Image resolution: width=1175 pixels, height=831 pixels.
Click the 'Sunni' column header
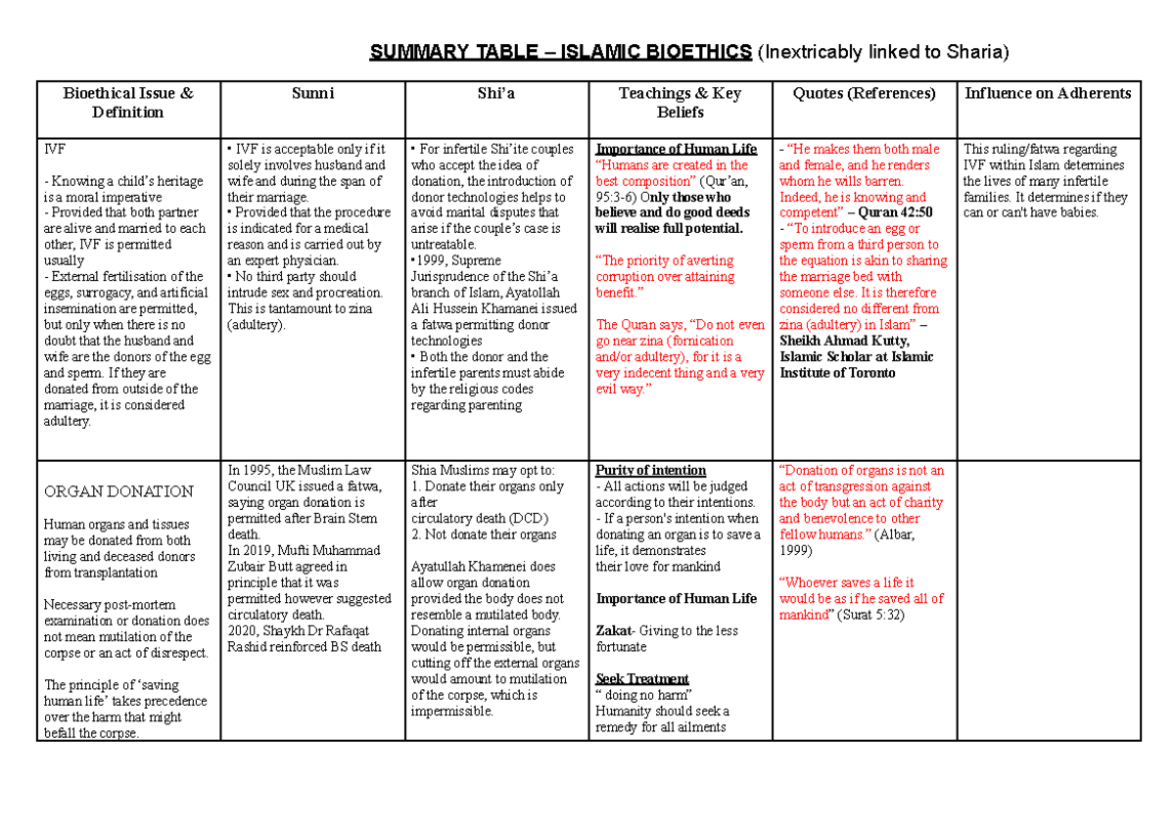(x=313, y=94)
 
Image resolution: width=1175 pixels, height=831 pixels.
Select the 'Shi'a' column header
(x=496, y=94)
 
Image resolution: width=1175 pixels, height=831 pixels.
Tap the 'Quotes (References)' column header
(x=865, y=94)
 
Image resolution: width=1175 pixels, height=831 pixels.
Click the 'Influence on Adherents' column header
(x=1048, y=94)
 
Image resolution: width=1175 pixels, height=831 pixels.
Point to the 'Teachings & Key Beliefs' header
(x=680, y=103)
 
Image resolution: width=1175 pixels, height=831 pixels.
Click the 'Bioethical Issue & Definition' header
(x=128, y=103)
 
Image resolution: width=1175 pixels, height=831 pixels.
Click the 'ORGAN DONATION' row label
(x=118, y=491)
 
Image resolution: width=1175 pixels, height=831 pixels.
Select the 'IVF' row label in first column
(x=55, y=150)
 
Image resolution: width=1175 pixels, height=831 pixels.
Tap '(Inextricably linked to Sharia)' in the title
(x=883, y=52)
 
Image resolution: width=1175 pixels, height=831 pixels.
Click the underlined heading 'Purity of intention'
(x=650, y=470)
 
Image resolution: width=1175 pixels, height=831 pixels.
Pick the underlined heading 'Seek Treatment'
(x=641, y=678)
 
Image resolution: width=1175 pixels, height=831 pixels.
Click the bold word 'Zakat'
(x=613, y=631)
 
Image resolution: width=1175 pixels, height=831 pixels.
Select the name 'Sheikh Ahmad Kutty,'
(x=844, y=341)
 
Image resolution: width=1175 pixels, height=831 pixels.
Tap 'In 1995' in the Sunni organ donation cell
(x=250, y=470)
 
